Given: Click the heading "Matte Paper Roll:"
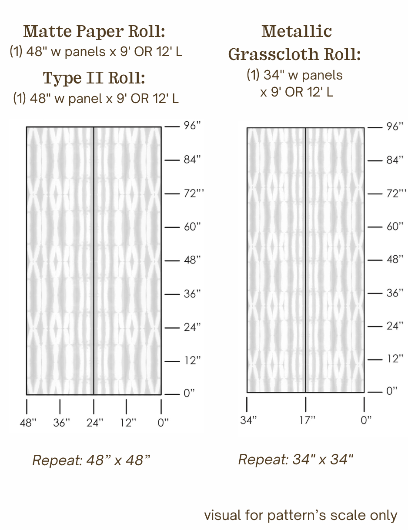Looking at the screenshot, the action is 94,31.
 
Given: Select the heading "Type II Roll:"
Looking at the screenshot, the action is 94,78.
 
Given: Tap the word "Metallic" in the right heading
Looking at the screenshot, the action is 297,31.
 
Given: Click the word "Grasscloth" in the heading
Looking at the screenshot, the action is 274,54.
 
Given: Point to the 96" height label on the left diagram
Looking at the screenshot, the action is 192,125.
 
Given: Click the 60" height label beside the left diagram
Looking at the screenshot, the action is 192,227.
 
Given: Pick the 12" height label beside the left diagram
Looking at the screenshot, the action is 192,360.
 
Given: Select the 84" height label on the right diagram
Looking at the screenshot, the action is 395,160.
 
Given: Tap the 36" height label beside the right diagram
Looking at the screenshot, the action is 395,293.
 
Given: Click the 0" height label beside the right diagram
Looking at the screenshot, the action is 392,391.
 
